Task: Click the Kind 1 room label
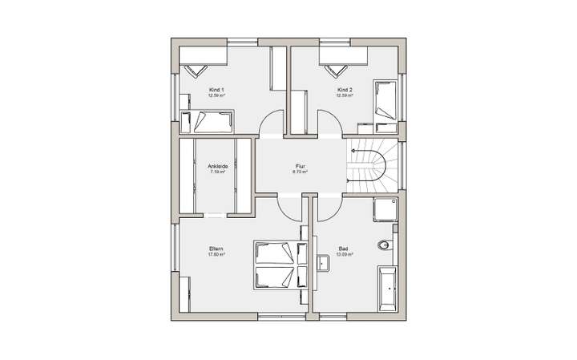216,89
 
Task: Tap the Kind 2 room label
345,89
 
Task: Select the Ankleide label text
218,166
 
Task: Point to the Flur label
301,166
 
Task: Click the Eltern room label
216,249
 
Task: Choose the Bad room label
345,249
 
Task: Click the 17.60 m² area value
216,255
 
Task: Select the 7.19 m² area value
218,172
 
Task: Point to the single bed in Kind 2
385,99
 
